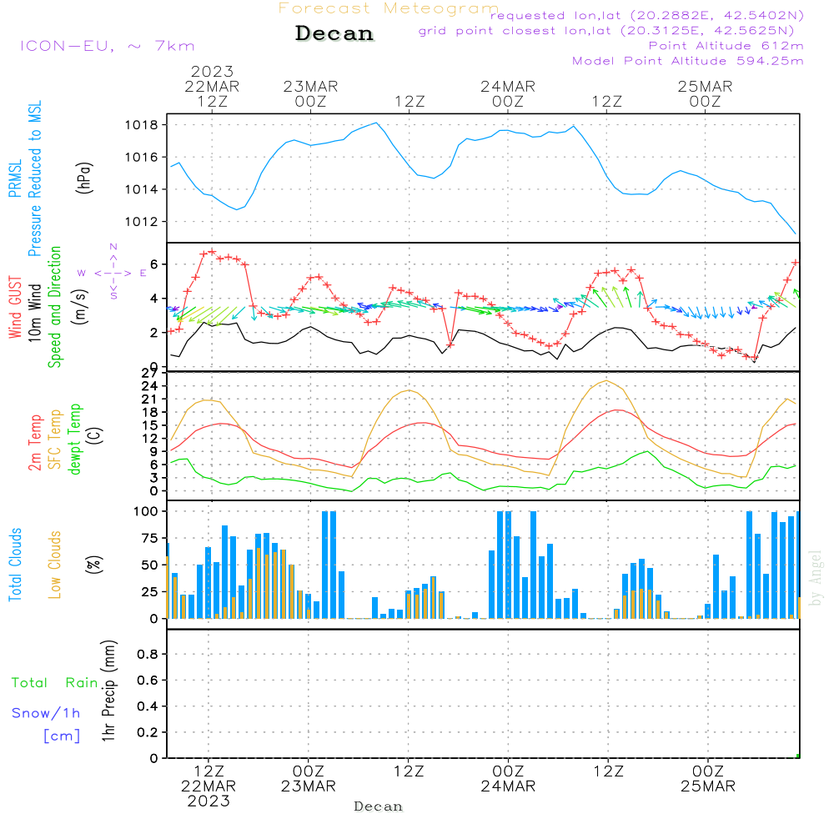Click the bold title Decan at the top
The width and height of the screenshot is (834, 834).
point(334,34)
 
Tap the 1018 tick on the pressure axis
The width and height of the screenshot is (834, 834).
point(143,125)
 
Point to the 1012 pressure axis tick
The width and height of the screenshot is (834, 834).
point(143,222)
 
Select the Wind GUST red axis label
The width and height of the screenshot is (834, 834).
point(16,309)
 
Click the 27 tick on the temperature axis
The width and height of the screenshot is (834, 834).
point(151,373)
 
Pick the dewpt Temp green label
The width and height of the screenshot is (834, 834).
point(75,439)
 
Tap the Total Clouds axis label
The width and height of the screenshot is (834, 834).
point(16,565)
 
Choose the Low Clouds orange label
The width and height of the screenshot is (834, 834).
point(55,565)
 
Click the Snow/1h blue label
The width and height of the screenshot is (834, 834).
point(47,713)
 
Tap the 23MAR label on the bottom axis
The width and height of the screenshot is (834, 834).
point(308,786)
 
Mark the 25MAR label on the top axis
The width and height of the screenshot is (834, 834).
point(705,86)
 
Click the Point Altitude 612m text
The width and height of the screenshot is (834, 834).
point(726,45)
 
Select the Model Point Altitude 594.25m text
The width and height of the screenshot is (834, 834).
point(688,61)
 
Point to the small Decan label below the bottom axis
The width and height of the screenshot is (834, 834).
point(378,807)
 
